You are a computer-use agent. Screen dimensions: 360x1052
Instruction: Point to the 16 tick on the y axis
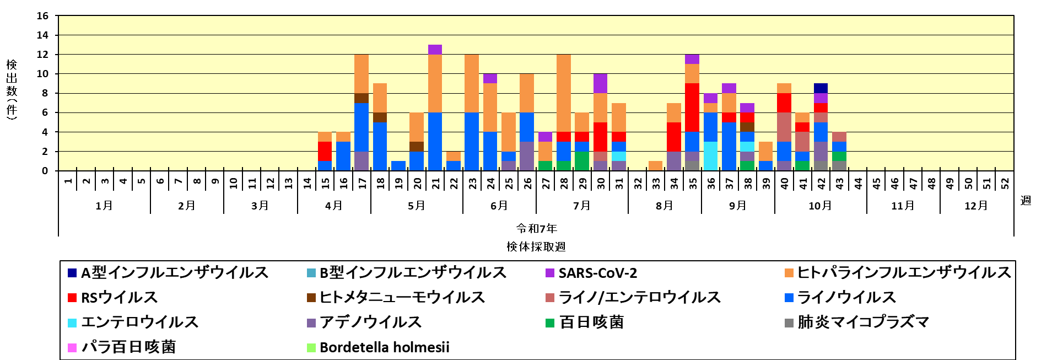coord(42,16)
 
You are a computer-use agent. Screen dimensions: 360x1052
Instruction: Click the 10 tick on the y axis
coord(42,74)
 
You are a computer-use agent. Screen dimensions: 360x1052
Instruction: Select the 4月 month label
coord(334,206)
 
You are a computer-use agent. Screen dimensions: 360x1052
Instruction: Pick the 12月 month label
coord(976,206)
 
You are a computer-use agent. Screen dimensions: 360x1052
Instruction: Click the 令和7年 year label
coord(536,228)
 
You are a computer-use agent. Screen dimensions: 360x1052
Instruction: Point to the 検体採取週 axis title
coord(536,246)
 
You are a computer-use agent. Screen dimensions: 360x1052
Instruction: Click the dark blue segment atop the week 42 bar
coord(821,88)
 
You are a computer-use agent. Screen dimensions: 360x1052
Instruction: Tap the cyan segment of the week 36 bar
coord(711,156)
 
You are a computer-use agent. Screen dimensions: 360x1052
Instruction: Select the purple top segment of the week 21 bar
coord(435,50)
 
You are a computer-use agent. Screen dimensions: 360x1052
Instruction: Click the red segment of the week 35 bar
coord(692,108)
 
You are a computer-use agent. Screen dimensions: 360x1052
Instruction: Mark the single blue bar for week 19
coord(398,165)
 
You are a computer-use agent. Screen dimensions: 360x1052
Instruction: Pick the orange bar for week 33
coord(655,165)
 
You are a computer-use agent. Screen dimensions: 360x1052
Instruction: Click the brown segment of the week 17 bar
coord(362,98)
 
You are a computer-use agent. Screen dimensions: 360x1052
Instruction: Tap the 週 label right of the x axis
coord(1026,200)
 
